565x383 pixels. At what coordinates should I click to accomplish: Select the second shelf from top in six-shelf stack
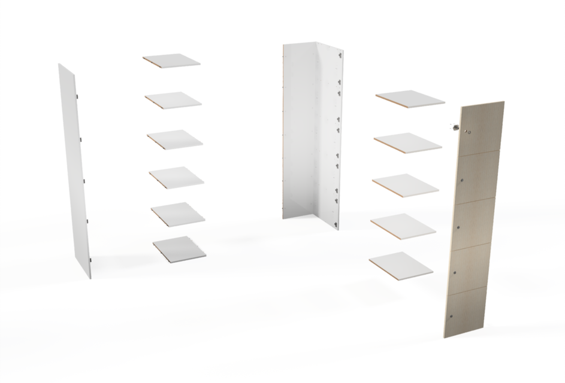(173, 99)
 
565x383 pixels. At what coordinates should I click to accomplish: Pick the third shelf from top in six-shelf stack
(174, 138)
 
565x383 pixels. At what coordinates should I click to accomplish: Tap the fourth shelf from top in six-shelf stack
(176, 176)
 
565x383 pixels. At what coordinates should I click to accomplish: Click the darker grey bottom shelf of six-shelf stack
(179, 249)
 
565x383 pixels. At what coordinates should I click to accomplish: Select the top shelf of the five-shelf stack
(410, 99)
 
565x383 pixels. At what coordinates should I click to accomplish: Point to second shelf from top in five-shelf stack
(408, 143)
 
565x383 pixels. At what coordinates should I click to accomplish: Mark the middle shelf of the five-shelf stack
(406, 184)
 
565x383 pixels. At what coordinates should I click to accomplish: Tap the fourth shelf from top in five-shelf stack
(403, 224)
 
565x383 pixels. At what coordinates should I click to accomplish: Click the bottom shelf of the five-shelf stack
(401, 263)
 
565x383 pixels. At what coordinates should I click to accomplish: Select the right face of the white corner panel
(333, 138)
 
